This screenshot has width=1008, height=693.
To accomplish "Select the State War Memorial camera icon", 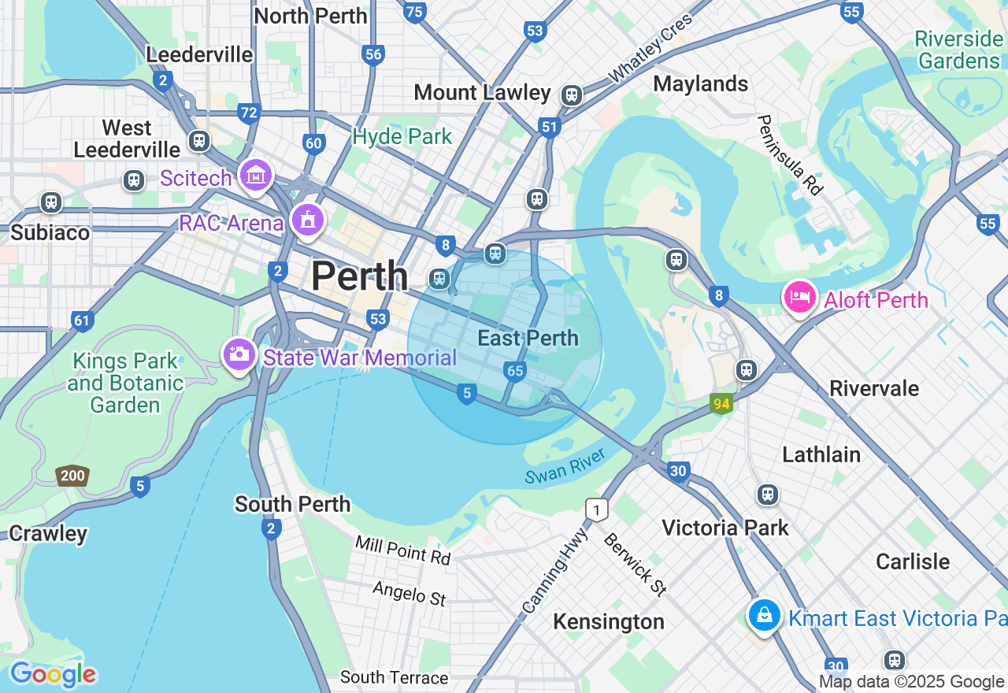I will pos(239,355).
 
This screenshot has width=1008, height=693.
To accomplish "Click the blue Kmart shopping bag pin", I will pos(764,615).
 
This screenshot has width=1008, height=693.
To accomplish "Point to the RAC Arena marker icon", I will pos(306,219).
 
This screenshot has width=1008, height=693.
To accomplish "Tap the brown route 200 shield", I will pos(72,476).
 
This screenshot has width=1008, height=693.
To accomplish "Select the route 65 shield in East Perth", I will pos(515,371).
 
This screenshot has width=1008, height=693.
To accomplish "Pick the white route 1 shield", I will pos(597,510).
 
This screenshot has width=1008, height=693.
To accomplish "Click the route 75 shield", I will pos(414,11).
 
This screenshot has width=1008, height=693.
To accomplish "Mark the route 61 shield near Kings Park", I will pos(81,321).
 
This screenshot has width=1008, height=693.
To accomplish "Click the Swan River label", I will pos(565,466).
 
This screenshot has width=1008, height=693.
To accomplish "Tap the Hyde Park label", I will pos(402,136).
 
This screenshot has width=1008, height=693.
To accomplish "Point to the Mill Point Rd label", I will pos(402,550).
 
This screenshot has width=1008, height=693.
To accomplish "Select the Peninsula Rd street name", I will pos(790,154).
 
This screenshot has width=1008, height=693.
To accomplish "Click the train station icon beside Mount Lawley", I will pos(572,95).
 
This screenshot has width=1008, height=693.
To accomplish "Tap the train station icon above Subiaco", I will pos(51,202).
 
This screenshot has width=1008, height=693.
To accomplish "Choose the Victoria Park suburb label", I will pos(725,528).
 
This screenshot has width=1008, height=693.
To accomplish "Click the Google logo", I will pos(53,674).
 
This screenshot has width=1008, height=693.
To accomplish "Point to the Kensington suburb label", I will pos(609,621).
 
